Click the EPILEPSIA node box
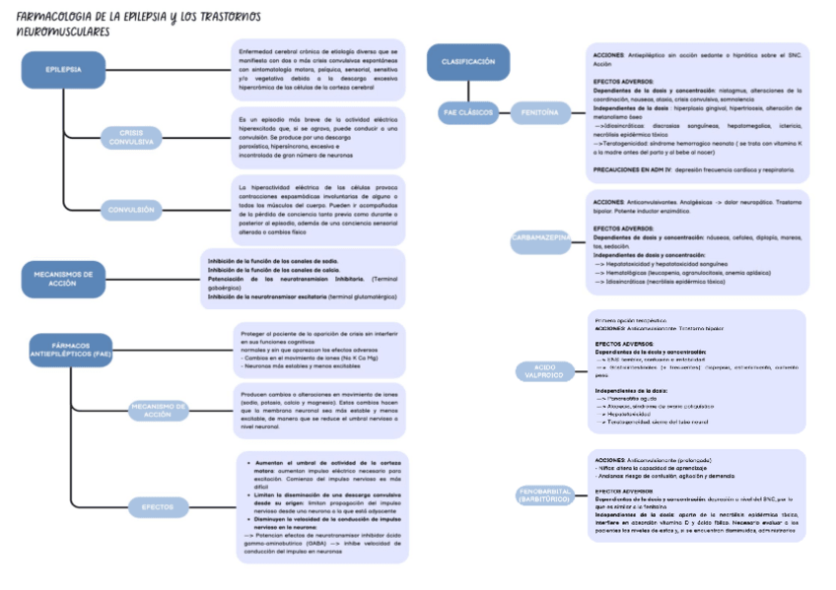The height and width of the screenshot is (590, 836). point(63,70)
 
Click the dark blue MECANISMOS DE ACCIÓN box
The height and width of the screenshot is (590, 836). point(62,279)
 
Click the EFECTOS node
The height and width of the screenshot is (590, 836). point(157,506)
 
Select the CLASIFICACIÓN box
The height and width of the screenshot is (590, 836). point(467,61)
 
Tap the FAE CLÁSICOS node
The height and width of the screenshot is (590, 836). point(466,113)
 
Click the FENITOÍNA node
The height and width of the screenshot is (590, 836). point(540,113)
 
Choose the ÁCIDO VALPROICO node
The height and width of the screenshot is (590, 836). point(539,370)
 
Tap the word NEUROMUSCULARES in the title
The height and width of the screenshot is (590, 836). point(63,32)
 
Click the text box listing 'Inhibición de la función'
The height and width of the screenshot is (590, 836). point(306,278)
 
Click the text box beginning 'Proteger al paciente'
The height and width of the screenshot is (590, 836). point(321,350)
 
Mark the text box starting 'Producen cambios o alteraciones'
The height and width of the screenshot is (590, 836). point(321,410)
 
